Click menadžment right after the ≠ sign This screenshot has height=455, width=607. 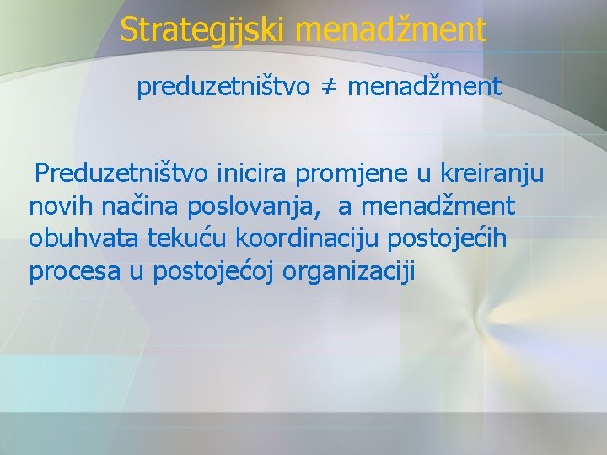pyautogui.click(x=424, y=86)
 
